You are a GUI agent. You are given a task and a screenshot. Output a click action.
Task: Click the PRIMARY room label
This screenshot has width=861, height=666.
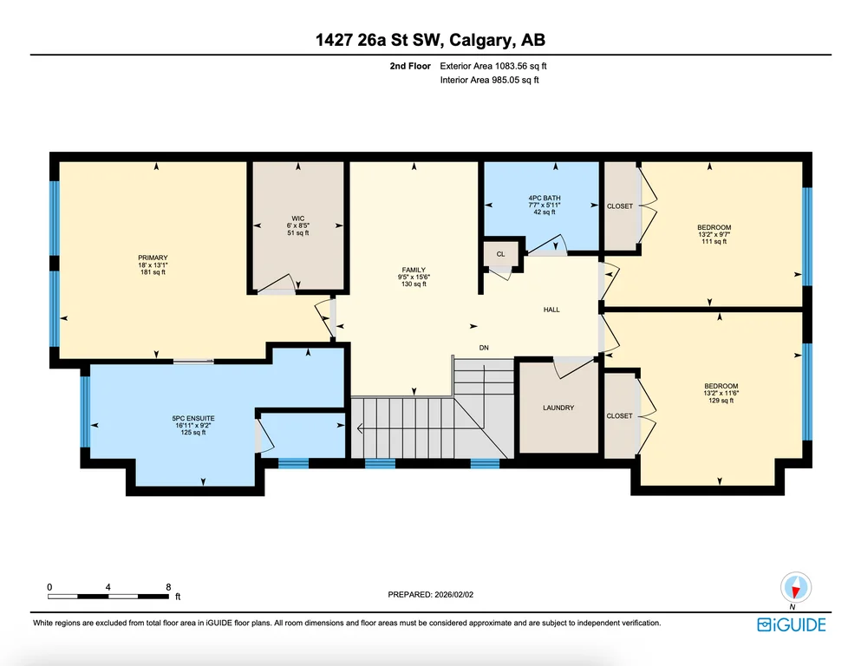coord(153,258)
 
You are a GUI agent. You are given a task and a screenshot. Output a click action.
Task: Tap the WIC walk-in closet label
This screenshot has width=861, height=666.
coord(298,219)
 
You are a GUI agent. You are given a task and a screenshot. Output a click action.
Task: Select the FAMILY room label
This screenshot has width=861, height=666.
coord(414,270)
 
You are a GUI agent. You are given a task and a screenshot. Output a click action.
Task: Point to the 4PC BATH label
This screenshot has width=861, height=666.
coord(545,199)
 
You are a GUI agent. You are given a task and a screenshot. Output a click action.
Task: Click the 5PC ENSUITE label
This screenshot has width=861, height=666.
coord(193,418)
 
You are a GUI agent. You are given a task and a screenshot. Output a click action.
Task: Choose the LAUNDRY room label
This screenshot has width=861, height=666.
coord(558,408)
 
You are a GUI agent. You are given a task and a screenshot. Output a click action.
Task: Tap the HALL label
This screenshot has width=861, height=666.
coord(551,310)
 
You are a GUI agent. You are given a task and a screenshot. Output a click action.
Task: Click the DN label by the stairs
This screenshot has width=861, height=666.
coord(484,348)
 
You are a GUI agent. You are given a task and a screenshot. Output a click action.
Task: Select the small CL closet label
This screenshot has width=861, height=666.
coord(501,254)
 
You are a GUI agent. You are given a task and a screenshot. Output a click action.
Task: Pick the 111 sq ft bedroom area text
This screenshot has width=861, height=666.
coord(714,241)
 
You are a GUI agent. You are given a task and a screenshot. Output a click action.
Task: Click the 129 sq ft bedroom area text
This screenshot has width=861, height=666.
coord(721,401)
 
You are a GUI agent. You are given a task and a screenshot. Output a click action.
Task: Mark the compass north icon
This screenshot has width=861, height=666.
coord(796,588)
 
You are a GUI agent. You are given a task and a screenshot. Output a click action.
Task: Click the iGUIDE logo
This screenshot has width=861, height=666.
coord(792,625)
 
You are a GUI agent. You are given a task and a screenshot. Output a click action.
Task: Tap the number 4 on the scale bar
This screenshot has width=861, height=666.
coord(108,587)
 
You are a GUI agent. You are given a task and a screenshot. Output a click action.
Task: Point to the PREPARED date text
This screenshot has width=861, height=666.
coord(430,595)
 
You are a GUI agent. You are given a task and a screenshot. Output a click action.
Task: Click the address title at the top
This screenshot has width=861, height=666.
coord(430,40)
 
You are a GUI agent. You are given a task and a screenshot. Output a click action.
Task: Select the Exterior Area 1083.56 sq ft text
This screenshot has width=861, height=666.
coord(493,66)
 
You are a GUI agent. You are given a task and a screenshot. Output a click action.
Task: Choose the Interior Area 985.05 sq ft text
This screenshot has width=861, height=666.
coord(489,80)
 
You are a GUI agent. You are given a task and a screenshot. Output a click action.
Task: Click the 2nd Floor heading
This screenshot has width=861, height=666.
coord(410,66)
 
